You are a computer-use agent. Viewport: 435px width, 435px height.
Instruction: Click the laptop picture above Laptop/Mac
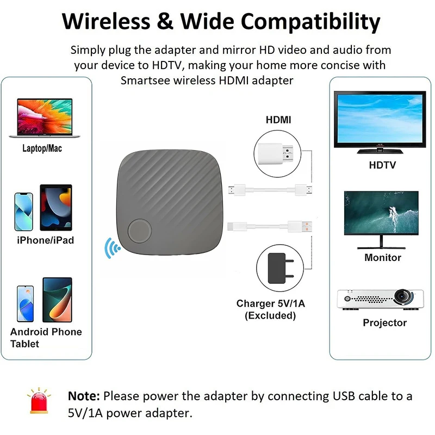pyautogui.click(x=45, y=118)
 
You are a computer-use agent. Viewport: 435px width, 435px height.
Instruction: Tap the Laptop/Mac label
pyautogui.click(x=42, y=148)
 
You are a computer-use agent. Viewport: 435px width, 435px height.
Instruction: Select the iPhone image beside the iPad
pyautogui.click(x=23, y=212)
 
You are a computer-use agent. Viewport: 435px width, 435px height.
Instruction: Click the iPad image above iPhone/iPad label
pyautogui.click(x=56, y=208)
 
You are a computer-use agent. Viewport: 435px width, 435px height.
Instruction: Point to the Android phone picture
pyautogui.click(x=25, y=303)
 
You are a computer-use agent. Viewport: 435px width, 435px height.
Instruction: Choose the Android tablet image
pyautogui.click(x=57, y=300)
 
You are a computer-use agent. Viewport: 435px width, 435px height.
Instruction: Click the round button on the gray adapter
pyautogui.click(x=140, y=231)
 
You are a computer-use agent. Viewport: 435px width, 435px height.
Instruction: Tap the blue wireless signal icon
pyautogui.click(x=112, y=248)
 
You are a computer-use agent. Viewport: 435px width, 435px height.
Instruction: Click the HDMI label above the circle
pyautogui.click(x=278, y=120)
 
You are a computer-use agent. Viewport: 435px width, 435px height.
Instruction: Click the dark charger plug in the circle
pyautogui.click(x=281, y=268)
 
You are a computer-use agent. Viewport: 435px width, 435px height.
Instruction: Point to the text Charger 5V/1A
pyautogui.click(x=270, y=303)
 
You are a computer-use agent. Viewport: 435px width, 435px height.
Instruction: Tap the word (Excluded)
pyautogui.click(x=270, y=316)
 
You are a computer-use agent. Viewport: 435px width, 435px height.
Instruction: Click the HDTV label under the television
pyautogui.click(x=382, y=165)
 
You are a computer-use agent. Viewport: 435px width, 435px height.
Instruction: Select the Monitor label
pyautogui.click(x=383, y=257)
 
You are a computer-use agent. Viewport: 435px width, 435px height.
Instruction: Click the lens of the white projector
pyautogui.click(x=402, y=296)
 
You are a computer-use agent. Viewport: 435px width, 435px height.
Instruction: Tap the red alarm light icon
pyautogui.click(x=39, y=401)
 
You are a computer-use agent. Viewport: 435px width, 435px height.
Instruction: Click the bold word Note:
pyautogui.click(x=84, y=396)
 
